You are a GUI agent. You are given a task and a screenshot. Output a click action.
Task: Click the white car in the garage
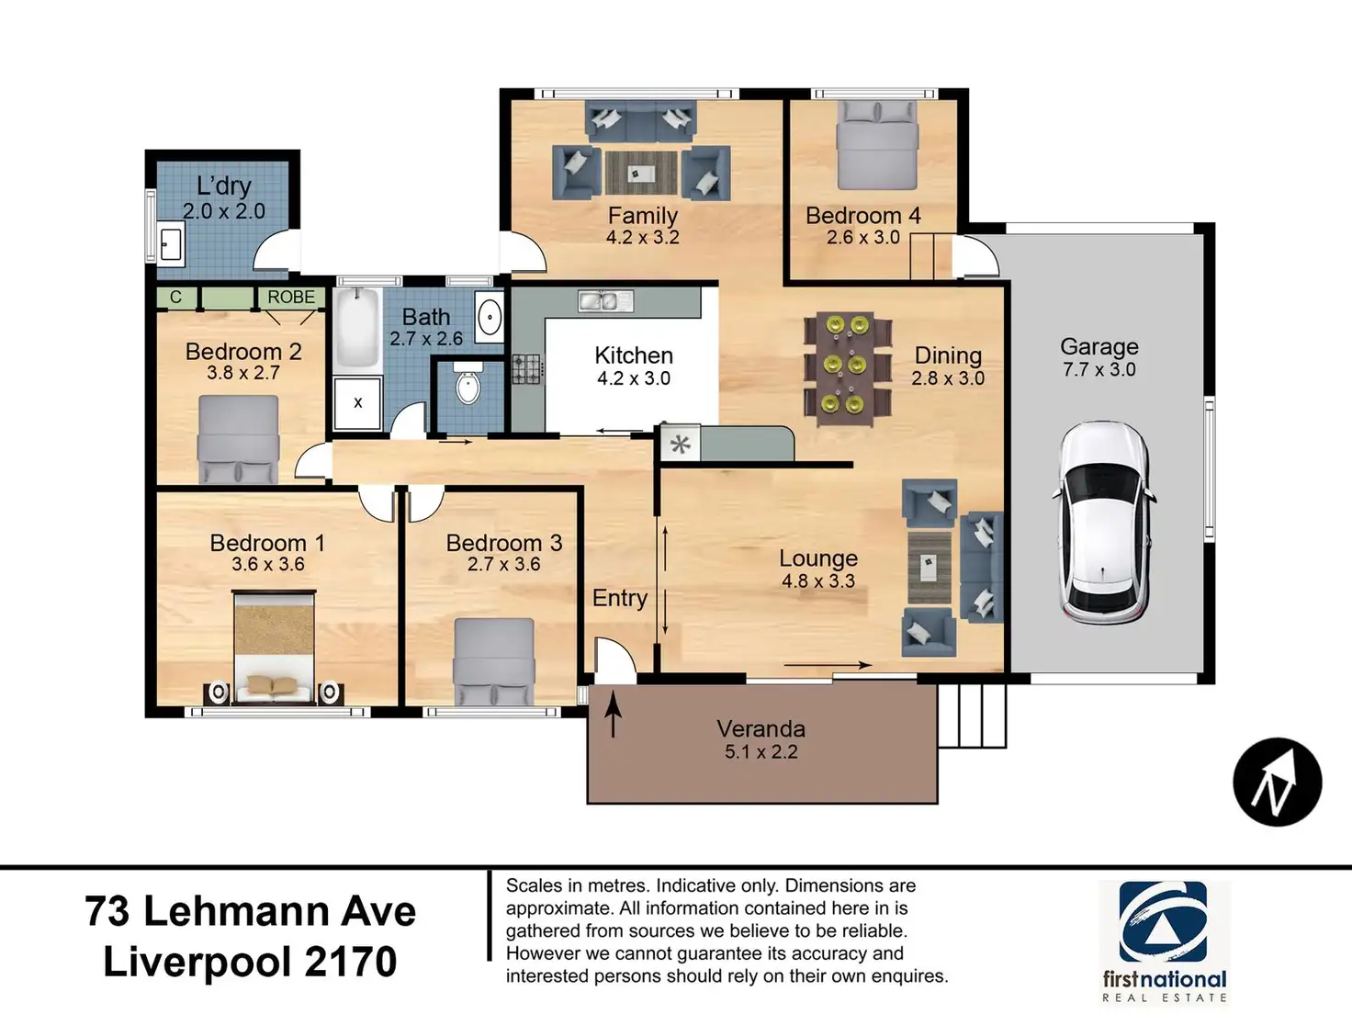point(1102,522)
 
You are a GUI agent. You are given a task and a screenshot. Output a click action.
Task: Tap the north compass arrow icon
point(1277,783)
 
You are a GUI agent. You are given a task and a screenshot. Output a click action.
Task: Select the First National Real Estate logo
point(1164,941)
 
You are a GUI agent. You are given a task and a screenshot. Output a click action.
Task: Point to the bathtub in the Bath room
point(356,327)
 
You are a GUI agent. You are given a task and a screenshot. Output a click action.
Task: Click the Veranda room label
point(760,729)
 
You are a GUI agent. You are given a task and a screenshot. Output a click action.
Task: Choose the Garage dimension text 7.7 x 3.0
point(1098,370)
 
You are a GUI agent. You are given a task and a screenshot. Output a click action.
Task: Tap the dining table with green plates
point(847,366)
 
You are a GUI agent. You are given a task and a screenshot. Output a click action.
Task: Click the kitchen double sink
point(604,300)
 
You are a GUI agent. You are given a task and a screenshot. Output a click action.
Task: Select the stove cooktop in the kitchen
point(527,368)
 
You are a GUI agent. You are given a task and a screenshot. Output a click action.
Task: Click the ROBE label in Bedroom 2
point(291,298)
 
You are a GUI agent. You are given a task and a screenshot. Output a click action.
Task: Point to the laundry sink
point(171,244)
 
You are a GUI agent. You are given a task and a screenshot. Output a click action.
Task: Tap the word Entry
point(620,598)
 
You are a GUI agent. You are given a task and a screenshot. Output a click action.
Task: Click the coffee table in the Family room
point(640,173)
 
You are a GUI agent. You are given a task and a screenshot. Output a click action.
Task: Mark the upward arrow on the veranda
point(613,714)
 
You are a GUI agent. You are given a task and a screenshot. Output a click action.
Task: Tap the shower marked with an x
point(357,402)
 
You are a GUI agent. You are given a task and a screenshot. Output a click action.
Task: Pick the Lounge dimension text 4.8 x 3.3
point(817,581)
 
